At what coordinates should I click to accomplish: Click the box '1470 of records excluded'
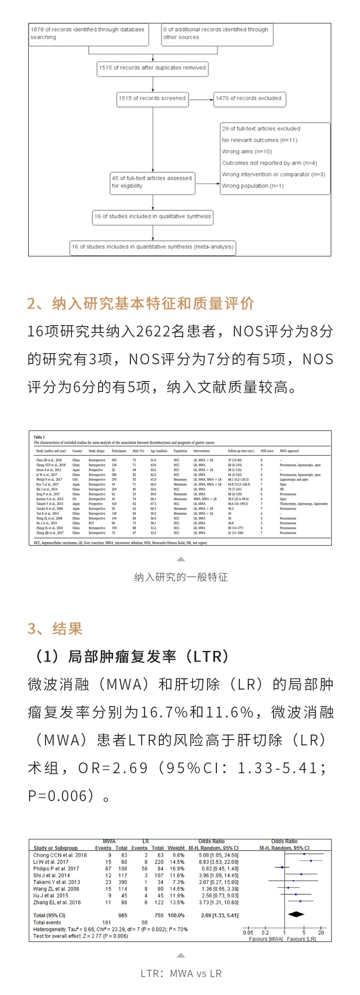(249, 99)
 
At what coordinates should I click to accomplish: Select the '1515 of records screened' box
(152, 99)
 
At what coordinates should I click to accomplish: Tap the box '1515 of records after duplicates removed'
(152, 68)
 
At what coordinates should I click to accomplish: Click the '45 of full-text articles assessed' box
(152, 182)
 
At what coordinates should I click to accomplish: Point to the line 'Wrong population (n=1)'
(252, 186)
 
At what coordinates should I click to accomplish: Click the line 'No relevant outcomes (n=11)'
(259, 140)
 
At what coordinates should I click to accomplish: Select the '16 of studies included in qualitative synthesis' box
(152, 216)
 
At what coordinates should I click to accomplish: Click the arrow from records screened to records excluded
(201, 99)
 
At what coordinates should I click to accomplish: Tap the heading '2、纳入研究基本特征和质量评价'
(141, 304)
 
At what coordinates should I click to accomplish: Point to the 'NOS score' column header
(267, 451)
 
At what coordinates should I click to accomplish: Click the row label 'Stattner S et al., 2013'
(49, 499)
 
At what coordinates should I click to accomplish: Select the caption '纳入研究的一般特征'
(181, 577)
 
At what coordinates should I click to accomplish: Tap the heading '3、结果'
(55, 628)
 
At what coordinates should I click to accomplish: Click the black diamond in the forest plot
(296, 914)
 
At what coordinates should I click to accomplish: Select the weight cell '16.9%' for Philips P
(177, 869)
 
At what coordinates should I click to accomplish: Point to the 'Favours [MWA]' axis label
(265, 939)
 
